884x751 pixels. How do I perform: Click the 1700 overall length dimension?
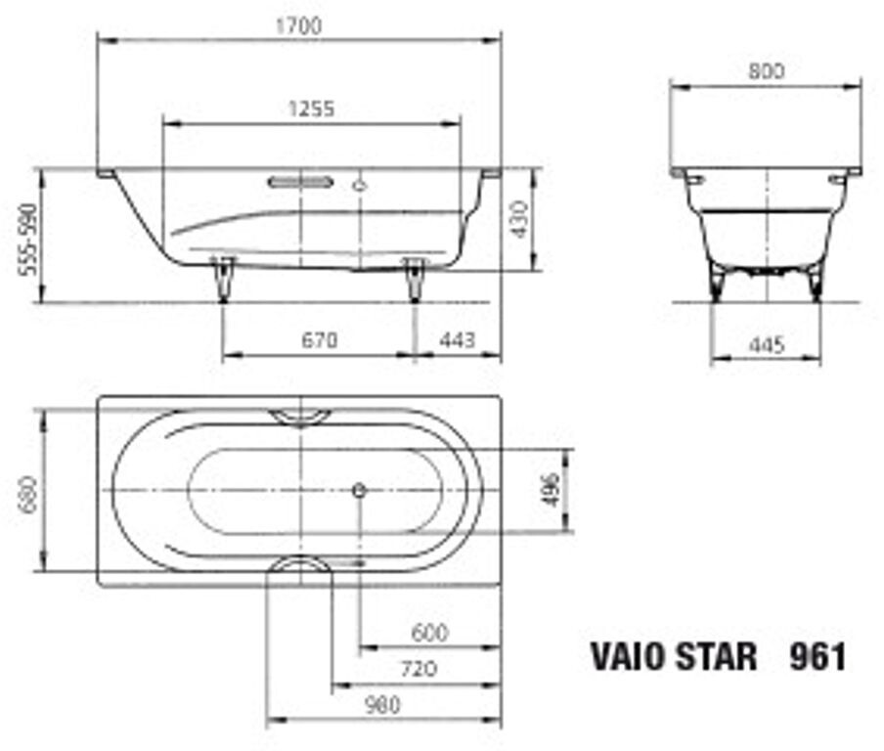click(299, 26)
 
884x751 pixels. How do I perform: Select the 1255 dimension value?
click(311, 109)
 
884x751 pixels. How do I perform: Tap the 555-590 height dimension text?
click(27, 240)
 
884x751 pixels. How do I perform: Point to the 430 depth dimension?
click(520, 219)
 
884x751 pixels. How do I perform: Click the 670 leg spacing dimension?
click(320, 340)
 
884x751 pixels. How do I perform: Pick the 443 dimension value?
click(458, 340)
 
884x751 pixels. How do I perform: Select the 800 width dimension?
click(767, 71)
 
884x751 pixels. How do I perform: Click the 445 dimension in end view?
click(768, 344)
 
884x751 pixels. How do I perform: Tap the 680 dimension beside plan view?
click(28, 495)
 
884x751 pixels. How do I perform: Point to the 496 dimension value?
click(552, 489)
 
